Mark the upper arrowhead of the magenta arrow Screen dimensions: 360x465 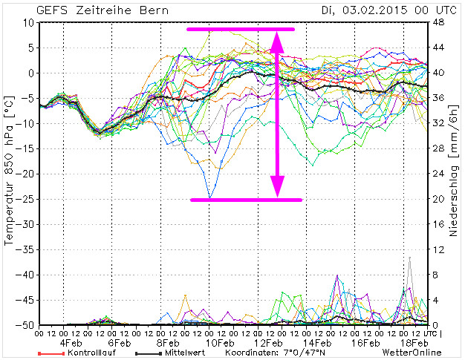[x=278, y=41]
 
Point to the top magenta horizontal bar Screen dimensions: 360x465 [x=240, y=29]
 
